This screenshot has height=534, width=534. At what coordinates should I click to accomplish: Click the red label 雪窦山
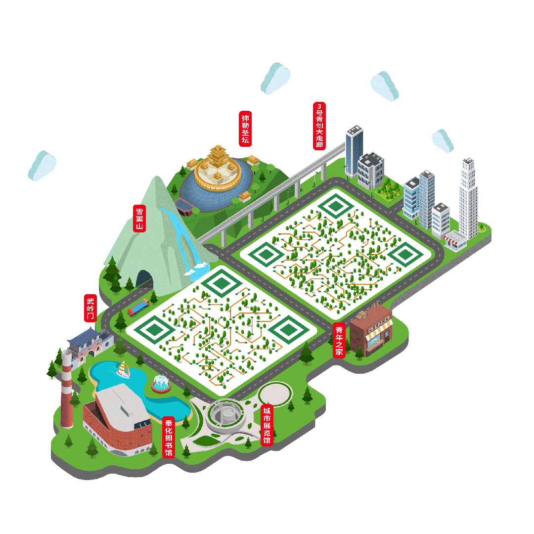click(x=139, y=218)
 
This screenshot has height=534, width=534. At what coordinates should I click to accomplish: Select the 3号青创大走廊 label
click(x=319, y=126)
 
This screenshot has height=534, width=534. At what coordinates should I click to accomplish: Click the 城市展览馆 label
click(x=267, y=425)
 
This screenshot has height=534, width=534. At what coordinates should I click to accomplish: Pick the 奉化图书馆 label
click(x=169, y=437)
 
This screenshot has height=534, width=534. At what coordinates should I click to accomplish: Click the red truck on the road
click(x=138, y=308)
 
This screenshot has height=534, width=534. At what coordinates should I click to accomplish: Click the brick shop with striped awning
click(x=371, y=329)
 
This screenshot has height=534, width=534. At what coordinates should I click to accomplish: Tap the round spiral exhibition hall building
click(x=225, y=415)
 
